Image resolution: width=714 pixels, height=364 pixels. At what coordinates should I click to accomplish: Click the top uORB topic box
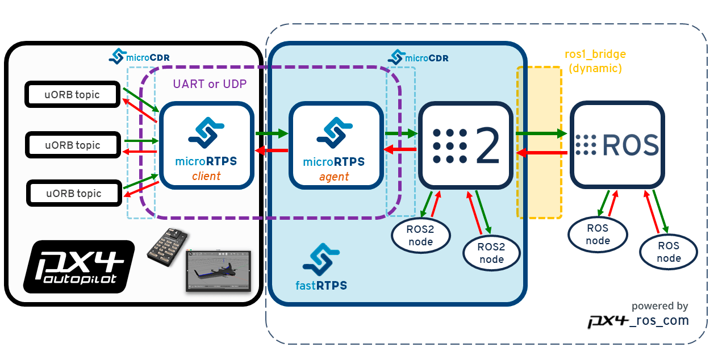coord(72,95)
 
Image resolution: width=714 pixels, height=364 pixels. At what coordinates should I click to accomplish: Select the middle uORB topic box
coord(73,145)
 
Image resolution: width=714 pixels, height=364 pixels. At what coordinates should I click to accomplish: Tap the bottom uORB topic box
coord(74,194)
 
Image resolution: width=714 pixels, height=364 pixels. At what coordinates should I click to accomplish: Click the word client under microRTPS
coord(206,176)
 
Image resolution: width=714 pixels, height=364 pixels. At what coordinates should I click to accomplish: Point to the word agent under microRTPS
coord(334,177)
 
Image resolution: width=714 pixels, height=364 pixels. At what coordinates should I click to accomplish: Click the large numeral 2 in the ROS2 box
coord(487,145)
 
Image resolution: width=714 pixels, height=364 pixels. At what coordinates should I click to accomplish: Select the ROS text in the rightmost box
coord(630,145)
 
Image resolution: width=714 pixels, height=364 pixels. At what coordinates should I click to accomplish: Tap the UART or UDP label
coord(210,83)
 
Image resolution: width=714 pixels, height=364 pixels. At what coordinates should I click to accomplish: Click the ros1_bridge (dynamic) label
coord(595,61)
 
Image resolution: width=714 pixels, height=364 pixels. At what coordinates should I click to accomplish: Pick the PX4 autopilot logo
coord(78,266)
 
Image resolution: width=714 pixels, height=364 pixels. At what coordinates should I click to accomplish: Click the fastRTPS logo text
coord(321,285)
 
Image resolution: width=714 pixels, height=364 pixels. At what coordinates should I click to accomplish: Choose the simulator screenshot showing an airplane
coord(218,271)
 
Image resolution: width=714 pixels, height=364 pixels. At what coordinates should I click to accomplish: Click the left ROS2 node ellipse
coord(420,236)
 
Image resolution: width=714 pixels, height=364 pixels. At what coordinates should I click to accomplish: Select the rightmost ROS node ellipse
coord(669,252)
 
